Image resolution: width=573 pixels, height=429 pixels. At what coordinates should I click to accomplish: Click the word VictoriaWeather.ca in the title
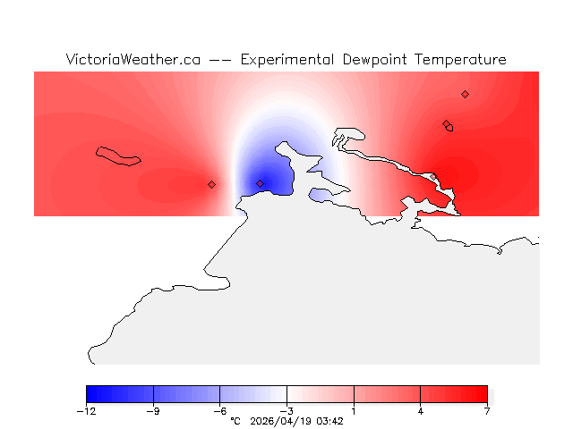tap(133, 60)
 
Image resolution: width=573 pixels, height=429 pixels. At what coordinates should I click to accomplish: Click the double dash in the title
tap(220, 60)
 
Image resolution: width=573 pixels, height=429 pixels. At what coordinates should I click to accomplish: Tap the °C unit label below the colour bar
tap(235, 421)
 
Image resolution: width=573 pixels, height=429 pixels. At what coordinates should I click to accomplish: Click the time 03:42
tap(331, 421)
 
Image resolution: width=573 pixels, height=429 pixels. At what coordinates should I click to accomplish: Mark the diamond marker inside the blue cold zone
tap(261, 183)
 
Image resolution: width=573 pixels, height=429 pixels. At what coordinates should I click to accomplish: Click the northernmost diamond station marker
tap(465, 94)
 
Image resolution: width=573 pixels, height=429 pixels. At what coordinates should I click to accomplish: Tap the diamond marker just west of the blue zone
tap(211, 184)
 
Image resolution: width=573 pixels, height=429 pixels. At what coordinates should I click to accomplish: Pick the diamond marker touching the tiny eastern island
tap(446, 124)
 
